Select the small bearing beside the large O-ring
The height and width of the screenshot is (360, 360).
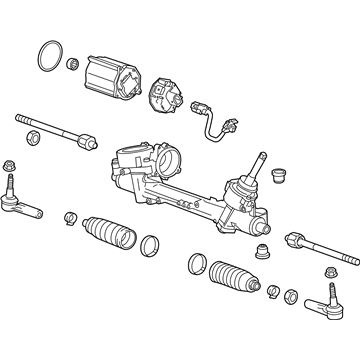[x=73, y=66]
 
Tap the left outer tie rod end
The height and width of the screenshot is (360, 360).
[x=22, y=201]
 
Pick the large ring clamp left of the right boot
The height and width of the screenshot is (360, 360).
[x=195, y=265]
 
